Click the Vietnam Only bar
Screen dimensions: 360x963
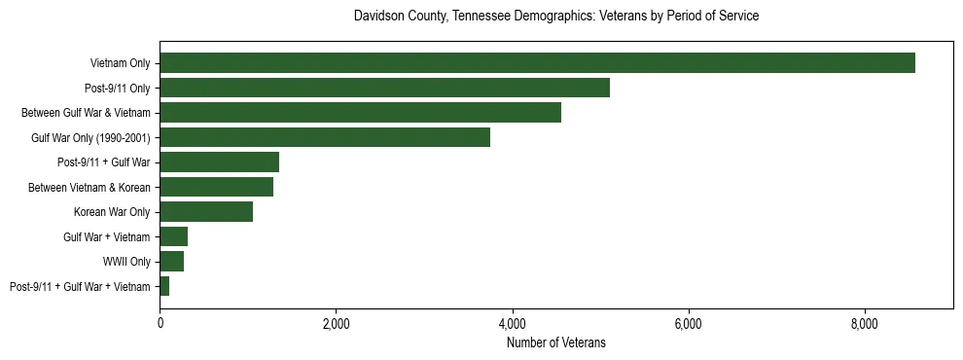537,63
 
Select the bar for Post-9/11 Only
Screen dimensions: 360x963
384,88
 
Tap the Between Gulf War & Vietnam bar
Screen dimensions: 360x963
360,113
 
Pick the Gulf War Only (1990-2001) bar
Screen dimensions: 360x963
325,137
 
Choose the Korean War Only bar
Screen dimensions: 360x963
206,212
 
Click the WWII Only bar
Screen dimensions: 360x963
171,262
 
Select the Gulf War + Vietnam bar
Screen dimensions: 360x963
173,236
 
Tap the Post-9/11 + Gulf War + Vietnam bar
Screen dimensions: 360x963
164,286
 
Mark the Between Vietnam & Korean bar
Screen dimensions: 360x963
216,187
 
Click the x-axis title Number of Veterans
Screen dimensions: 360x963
555,342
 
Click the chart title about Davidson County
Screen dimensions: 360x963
555,17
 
